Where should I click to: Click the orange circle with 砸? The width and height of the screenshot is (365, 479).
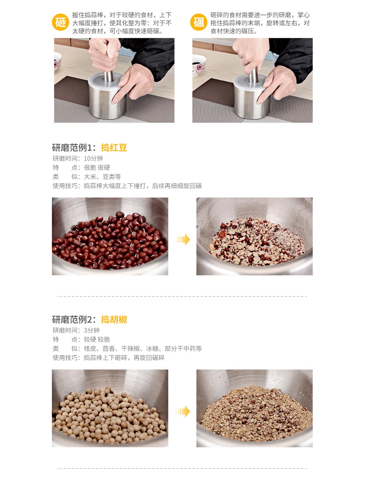pos(60,22)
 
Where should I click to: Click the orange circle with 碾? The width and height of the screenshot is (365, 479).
pos(199,22)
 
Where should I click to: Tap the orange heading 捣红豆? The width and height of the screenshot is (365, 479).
pos(114,148)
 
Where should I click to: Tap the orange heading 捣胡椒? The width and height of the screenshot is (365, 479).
pos(114,319)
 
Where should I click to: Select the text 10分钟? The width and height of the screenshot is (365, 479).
pos(93,158)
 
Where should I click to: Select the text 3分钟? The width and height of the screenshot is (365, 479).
pos(92,330)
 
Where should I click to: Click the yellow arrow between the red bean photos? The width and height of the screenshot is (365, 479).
pos(183,239)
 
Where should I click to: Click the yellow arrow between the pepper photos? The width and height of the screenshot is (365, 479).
pos(183,411)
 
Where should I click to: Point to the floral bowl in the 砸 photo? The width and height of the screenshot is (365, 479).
pos(57,61)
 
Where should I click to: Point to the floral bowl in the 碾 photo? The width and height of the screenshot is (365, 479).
pos(199,65)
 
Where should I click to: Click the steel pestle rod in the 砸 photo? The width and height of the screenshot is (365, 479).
pos(108,76)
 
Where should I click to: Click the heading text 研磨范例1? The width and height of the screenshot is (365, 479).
pos(72,148)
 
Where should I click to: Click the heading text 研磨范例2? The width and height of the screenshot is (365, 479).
pos(72,319)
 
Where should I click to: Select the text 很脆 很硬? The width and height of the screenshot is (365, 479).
pos(97,168)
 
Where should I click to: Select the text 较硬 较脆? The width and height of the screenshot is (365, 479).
pos(97,339)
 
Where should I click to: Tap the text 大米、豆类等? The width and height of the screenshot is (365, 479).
pos(102,177)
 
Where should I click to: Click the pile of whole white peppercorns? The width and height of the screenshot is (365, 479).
pos(109,415)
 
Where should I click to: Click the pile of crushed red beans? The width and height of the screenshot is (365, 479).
pos(257,241)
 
